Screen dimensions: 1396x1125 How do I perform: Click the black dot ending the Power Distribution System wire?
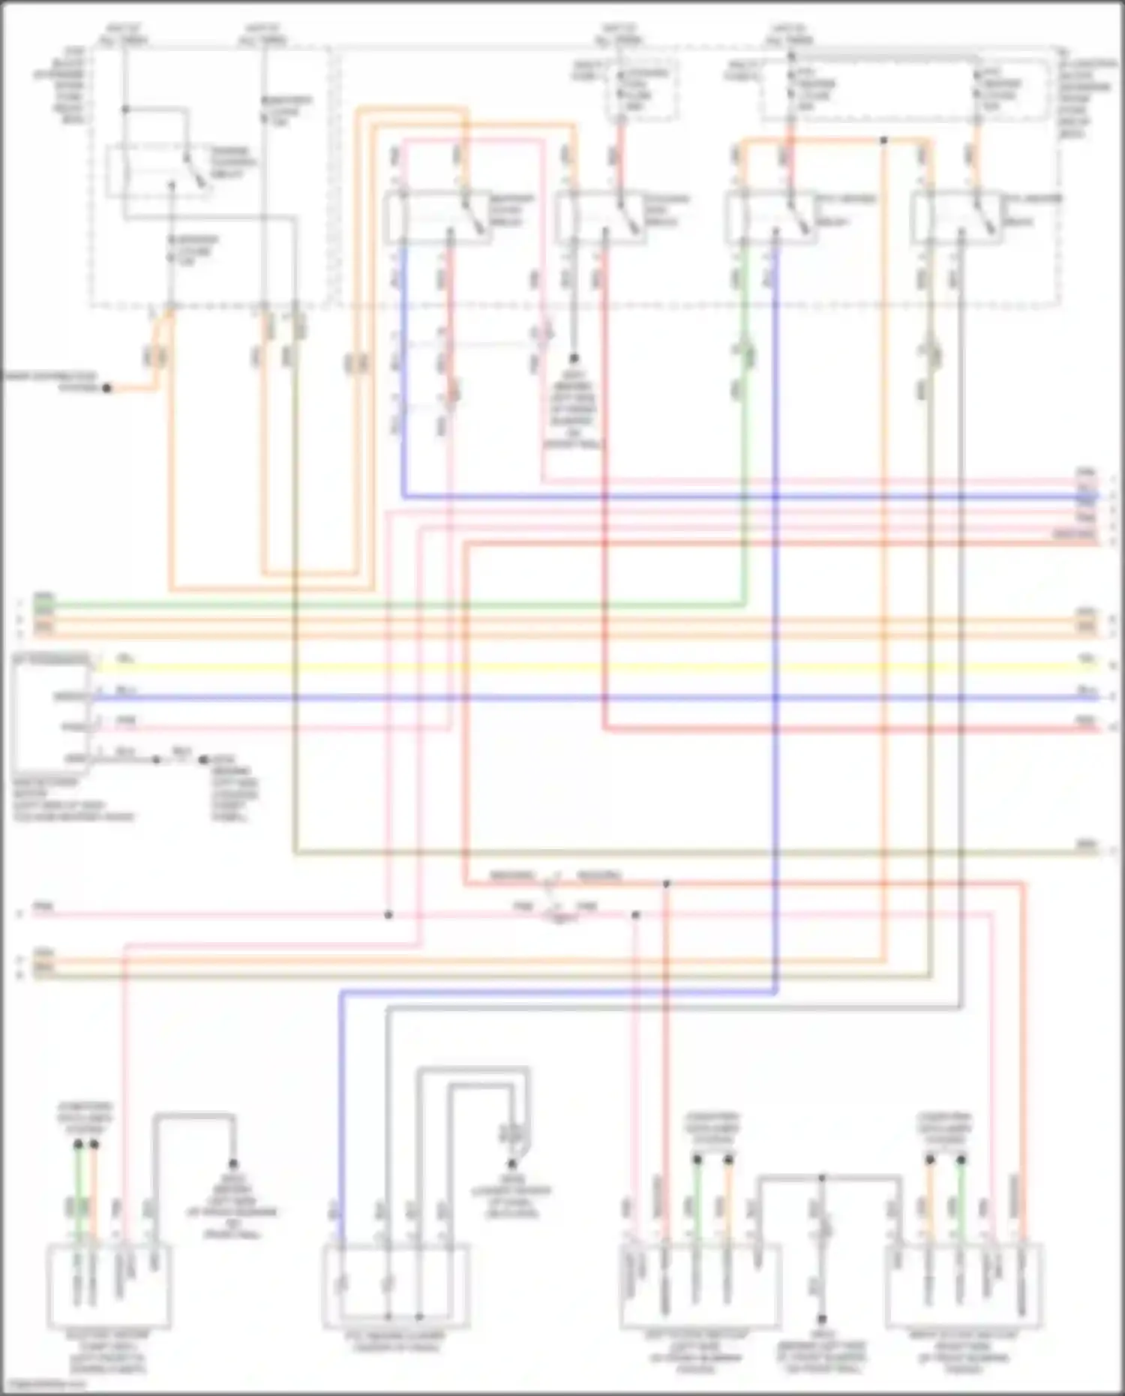tap(107, 388)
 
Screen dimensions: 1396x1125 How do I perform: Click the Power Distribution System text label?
tap(51, 381)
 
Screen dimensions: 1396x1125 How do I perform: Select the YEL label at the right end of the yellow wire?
tap(1086, 658)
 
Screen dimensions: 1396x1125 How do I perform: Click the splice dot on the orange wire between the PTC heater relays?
tap(883, 140)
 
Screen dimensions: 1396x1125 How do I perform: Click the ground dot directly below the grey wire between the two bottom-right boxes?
tap(822, 1318)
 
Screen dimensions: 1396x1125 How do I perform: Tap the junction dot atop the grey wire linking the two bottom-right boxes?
tap(822, 1178)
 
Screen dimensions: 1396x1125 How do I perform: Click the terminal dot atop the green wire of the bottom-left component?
tap(78, 1145)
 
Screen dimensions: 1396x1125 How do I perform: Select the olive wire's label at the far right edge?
tap(1086, 845)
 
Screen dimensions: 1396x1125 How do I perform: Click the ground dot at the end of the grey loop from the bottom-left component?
tap(233, 1164)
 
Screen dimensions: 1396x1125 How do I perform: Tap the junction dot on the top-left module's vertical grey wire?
tap(125, 110)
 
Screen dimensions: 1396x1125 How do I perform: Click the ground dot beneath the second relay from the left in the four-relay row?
tap(574, 359)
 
